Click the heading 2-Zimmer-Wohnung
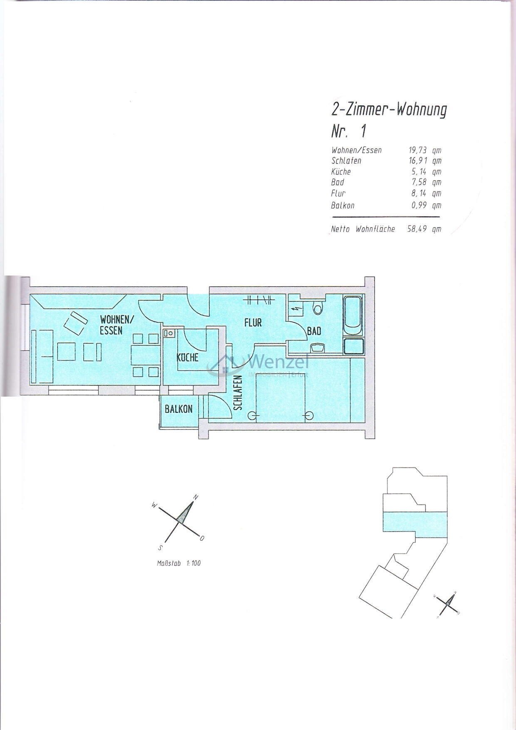389,110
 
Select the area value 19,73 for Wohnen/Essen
417,150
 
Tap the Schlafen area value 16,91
417,161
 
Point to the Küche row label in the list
341,171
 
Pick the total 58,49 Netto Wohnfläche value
417,228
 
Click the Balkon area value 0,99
418,205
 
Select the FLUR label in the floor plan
253,323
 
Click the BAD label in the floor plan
314,331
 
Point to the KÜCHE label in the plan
188,357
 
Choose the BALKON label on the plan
179,409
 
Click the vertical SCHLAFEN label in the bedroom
238,393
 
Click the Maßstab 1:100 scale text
179,563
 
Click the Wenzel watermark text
278,361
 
